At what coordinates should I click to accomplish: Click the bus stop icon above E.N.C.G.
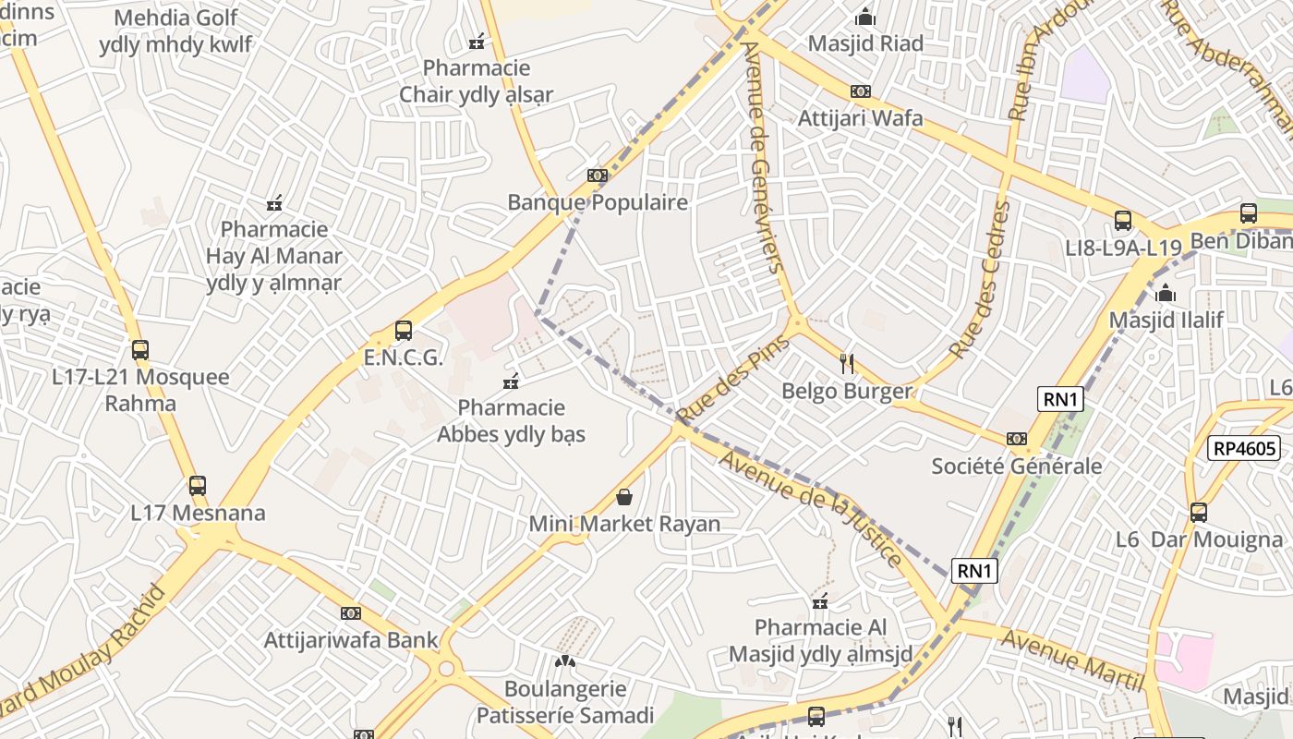(x=403, y=331)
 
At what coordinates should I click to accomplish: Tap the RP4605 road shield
(x=1244, y=448)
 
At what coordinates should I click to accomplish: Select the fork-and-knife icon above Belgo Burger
(x=848, y=364)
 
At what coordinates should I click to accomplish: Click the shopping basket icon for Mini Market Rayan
(x=624, y=498)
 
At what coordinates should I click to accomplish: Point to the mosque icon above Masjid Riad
(x=865, y=18)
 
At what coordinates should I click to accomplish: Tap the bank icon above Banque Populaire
(x=598, y=176)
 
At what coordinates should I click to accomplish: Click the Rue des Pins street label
(x=733, y=379)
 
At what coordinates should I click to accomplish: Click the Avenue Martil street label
(x=1073, y=660)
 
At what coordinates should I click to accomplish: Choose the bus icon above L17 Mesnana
(x=197, y=486)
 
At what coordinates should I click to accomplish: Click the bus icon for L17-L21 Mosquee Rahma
(x=140, y=350)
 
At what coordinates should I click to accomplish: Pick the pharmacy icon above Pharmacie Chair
(x=477, y=42)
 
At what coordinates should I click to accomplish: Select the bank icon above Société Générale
(x=1016, y=439)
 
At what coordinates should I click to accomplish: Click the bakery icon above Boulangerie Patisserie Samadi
(x=564, y=661)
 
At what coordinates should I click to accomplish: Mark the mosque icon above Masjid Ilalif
(x=1166, y=294)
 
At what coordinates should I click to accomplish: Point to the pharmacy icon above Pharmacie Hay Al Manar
(x=274, y=203)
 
